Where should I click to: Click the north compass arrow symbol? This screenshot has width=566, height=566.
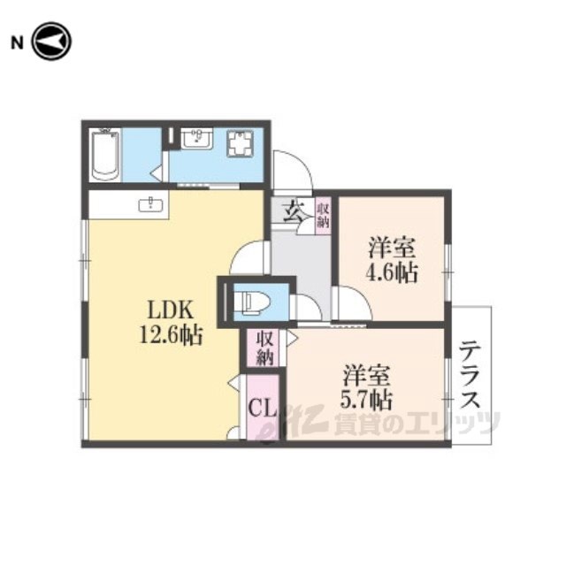click(51, 42)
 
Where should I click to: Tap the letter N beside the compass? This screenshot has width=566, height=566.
click(17, 43)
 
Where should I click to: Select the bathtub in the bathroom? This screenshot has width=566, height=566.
click(105, 156)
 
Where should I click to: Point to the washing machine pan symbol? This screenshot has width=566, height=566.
click(240, 143)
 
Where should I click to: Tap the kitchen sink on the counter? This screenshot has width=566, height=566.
click(151, 205)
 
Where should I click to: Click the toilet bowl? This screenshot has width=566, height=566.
click(251, 301)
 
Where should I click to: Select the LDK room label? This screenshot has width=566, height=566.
click(171, 310)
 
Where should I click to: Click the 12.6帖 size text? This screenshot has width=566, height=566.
click(171, 335)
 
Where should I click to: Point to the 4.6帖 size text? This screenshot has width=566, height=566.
click(392, 272)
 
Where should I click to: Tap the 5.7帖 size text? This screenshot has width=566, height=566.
click(366, 399)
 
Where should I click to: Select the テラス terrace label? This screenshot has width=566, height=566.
click(470, 374)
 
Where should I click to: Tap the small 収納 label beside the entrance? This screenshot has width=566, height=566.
click(323, 215)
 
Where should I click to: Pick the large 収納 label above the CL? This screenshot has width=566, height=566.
click(265, 348)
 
